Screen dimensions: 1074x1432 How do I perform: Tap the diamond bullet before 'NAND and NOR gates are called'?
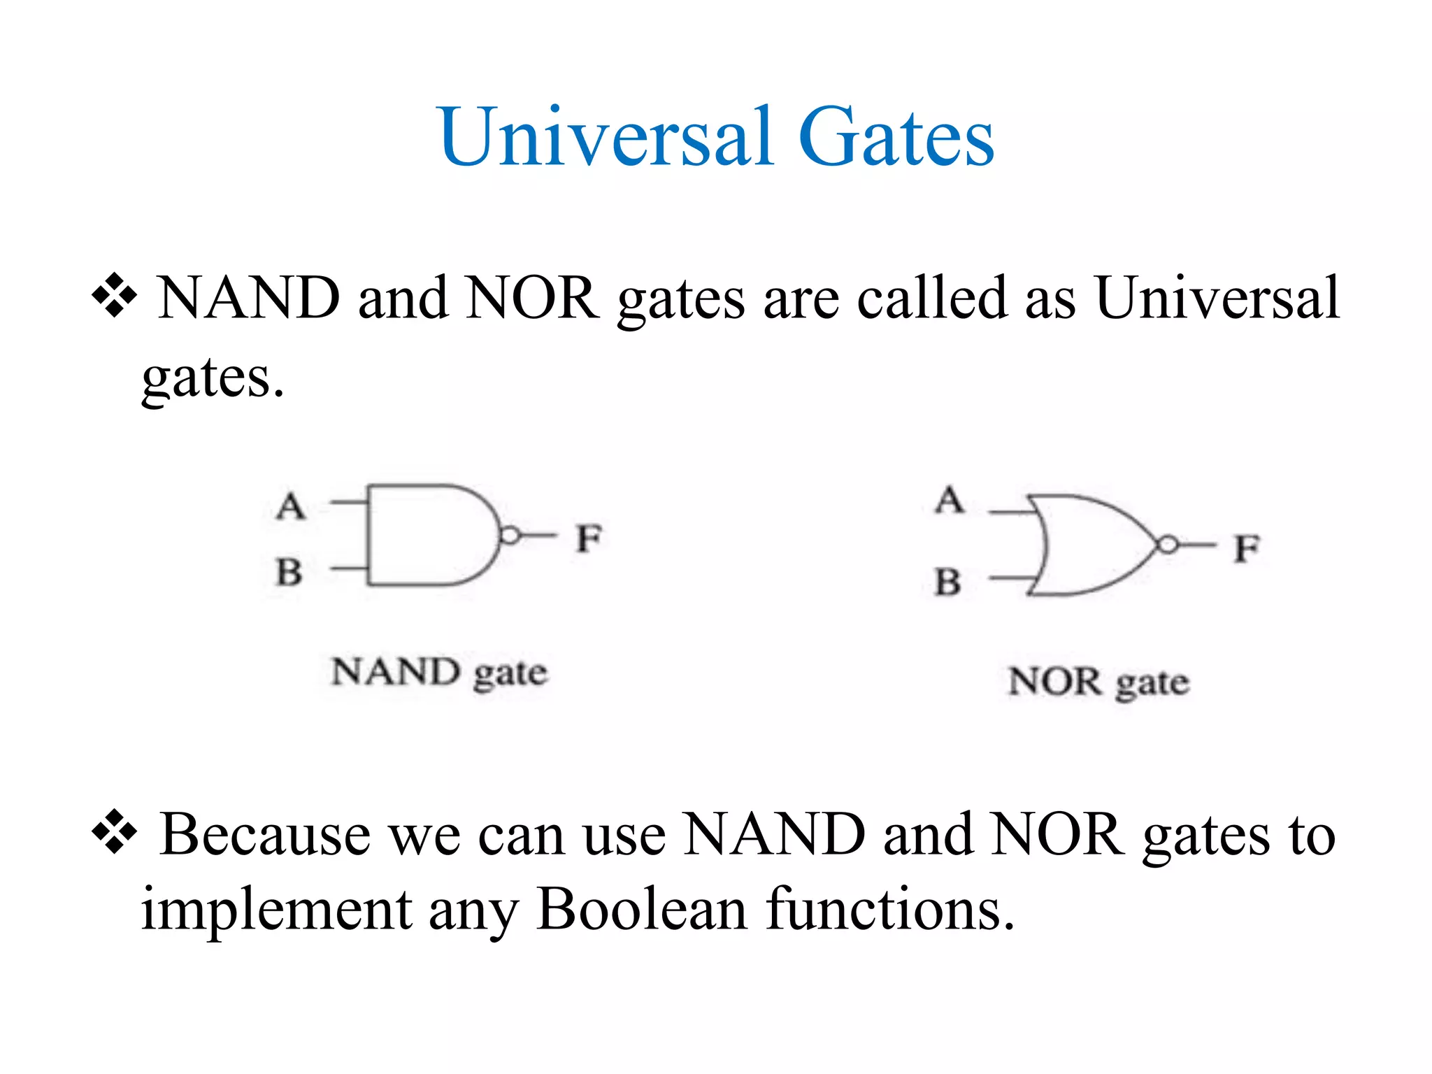coord(114,296)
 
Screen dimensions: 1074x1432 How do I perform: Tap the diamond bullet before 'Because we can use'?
coord(114,833)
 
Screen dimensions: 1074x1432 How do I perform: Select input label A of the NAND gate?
coord(291,506)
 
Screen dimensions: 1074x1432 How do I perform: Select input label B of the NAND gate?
coord(289,571)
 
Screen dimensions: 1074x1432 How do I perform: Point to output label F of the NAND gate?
coord(588,538)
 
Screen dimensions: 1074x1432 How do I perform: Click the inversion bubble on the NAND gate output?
coord(510,536)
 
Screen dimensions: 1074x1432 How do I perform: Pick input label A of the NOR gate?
coord(950,499)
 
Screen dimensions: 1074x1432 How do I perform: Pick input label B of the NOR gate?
coord(947,582)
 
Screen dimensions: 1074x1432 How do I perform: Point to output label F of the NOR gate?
coord(1246,547)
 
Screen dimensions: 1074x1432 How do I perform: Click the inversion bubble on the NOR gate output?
coord(1167,545)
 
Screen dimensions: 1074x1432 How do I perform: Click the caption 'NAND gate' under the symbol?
coord(439,673)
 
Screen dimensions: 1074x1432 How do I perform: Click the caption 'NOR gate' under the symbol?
coord(1098,682)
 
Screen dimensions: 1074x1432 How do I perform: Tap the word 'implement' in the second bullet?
coord(276,910)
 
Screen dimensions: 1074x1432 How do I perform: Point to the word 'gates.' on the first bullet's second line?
coord(213,378)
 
